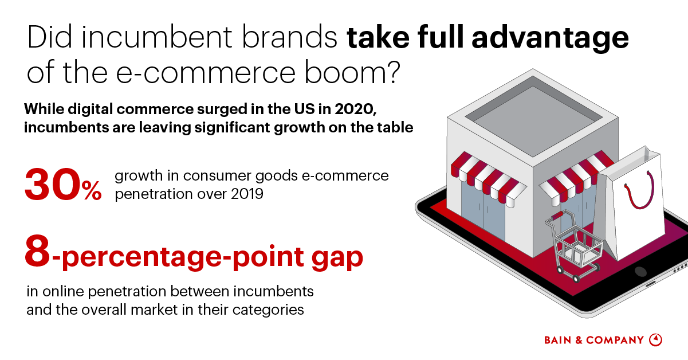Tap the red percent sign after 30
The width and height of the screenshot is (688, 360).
91,191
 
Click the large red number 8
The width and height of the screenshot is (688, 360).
38,252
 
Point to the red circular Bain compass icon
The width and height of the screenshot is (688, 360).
656,340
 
